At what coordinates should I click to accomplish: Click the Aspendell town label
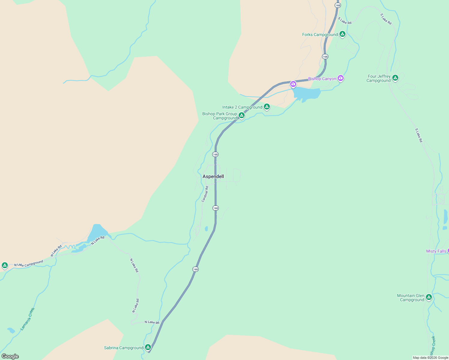coord(213,176)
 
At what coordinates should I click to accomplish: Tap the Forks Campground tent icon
coord(342,34)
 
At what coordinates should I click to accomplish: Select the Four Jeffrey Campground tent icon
coord(395,78)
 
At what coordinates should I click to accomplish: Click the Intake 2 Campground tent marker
coord(267,106)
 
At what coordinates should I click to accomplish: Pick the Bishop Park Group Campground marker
coord(241,115)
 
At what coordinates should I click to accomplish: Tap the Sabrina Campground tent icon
coord(148,347)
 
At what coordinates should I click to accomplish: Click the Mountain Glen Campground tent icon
coord(429,297)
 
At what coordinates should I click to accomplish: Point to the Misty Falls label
coord(436,251)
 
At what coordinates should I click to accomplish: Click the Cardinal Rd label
coord(205,194)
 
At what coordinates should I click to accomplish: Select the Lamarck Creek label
coord(28,319)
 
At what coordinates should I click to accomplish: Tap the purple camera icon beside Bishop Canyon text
coord(340,78)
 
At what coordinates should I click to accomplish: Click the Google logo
coord(10,356)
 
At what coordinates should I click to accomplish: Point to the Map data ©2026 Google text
coord(430,358)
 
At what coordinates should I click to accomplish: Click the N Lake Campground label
coord(29,264)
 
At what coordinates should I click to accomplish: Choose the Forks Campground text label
coord(320,34)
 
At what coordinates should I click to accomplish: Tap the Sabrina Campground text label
coord(124,348)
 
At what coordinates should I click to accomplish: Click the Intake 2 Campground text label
coord(242,107)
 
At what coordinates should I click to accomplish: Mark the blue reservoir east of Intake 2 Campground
coord(306,94)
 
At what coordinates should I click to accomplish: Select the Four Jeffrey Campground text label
coord(378,78)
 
